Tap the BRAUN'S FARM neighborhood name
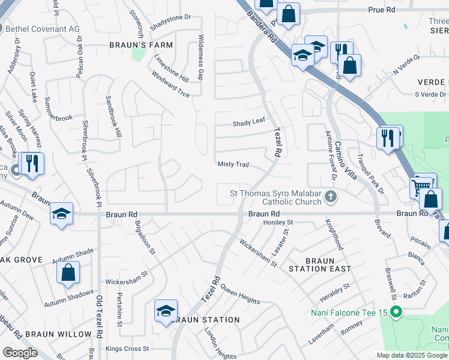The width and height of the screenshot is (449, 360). pyautogui.click(x=140, y=45)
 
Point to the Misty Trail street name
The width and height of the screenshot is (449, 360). pyautogui.click(x=233, y=164)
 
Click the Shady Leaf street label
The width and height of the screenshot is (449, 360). pyautogui.click(x=249, y=122)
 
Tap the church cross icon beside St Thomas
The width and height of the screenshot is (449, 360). pyautogui.click(x=330, y=196)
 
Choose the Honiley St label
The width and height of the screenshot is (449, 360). pyautogui.click(x=277, y=222)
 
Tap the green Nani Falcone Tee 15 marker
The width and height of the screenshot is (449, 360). pyautogui.click(x=396, y=311)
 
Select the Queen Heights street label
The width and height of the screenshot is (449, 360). pyautogui.click(x=240, y=293)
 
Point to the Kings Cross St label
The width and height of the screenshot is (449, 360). pyautogui.click(x=127, y=349)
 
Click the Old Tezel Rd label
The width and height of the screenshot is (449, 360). pyautogui.click(x=97, y=324)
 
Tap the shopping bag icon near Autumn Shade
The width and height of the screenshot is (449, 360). pyautogui.click(x=68, y=272)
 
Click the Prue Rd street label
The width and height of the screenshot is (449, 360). pyautogui.click(x=382, y=10)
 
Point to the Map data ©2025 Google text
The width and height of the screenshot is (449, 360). pyautogui.click(x=412, y=355)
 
